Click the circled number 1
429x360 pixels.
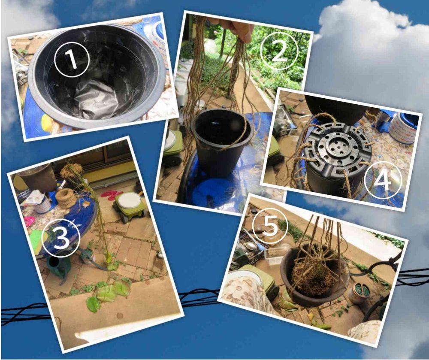[72, 59]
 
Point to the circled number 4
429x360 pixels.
[383, 179]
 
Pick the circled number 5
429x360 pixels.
[270, 226]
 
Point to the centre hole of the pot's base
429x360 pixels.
[338, 147]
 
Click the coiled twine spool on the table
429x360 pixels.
[66, 198]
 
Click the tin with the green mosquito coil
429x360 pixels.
[359, 293]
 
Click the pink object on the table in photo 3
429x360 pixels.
[30, 221]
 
